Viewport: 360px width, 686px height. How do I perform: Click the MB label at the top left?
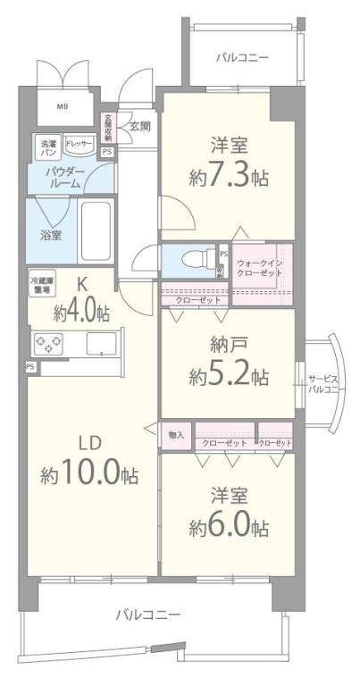[x=63, y=107]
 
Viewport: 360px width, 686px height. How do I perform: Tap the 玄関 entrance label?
[x=140, y=126]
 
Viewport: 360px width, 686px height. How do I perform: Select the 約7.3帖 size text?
[x=227, y=179]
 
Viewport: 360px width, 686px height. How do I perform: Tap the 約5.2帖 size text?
[x=228, y=377]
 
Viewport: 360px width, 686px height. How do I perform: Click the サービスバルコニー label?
[x=322, y=383]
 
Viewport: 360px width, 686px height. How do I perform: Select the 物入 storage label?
[x=177, y=435]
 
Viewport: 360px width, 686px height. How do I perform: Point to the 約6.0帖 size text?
[x=228, y=527]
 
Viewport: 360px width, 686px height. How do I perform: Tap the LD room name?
[x=90, y=443]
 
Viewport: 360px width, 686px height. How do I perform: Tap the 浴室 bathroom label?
[x=50, y=236]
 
